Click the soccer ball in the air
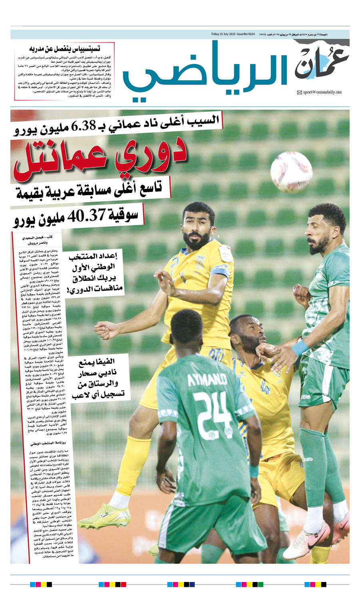coord(291,171)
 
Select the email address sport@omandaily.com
coord(322,92)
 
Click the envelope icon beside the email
coord(299,93)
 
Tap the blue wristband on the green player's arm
coord(300,348)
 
